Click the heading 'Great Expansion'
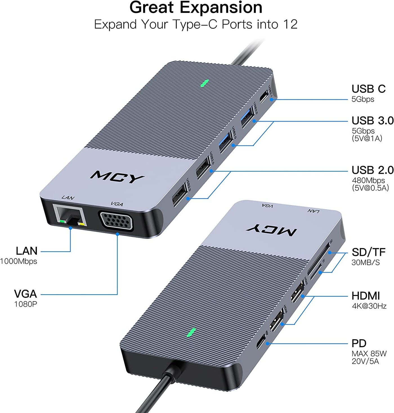pos(196,8)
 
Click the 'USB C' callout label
pos(368,89)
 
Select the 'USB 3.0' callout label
pos(372,120)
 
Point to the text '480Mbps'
pos(368,180)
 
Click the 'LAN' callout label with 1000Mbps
pos(26,251)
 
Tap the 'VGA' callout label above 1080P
pos(25,294)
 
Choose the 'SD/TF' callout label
pos(368,252)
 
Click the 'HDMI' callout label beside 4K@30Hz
pos(366,296)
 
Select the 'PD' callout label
pos(359,343)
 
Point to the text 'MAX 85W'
pos(369,354)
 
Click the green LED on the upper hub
pos(204,83)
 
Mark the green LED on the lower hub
pos(191,332)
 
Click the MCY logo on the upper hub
pos(117,177)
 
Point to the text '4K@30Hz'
pos(369,306)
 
